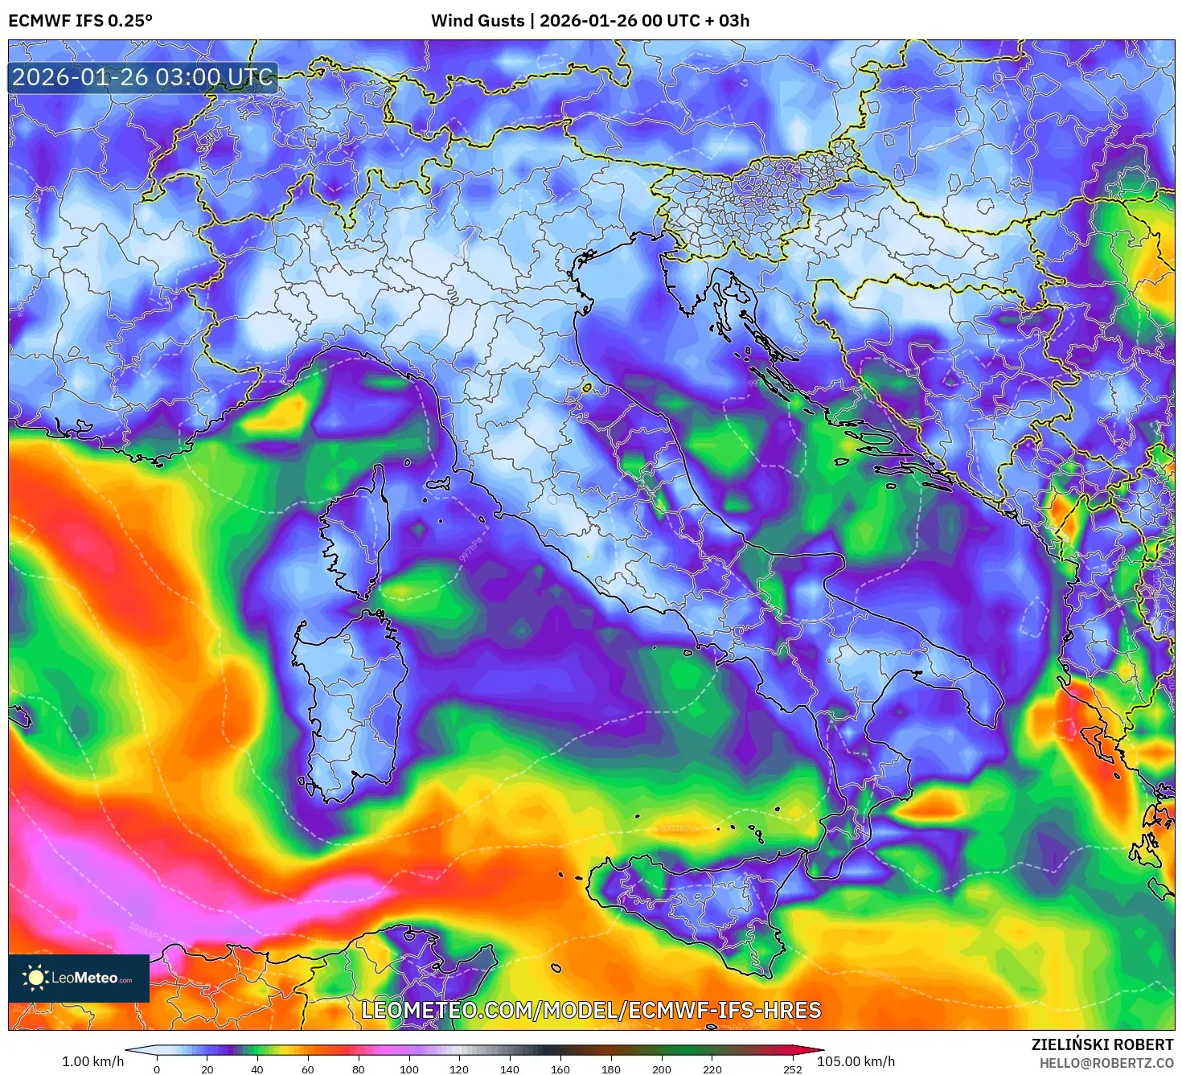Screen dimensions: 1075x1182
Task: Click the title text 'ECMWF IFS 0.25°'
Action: (80, 21)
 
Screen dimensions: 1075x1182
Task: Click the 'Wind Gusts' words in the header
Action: (477, 21)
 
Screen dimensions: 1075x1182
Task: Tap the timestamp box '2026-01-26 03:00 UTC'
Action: (143, 78)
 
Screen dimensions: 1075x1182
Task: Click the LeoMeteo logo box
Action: (79, 978)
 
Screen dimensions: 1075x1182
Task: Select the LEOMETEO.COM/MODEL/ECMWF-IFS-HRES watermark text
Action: (591, 1010)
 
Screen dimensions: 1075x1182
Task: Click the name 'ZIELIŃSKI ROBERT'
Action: (1102, 1044)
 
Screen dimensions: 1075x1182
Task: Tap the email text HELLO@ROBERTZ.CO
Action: (1106, 1063)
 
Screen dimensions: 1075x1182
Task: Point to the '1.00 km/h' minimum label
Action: (92, 1061)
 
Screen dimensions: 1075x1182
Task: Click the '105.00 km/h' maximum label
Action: (856, 1061)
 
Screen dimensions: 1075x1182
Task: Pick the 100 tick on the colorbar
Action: (408, 1069)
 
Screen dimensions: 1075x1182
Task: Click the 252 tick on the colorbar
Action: (792, 1069)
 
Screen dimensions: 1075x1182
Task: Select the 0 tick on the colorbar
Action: (157, 1069)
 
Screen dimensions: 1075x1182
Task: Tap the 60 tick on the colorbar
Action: (308, 1069)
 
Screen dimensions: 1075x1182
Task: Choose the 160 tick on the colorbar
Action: (560, 1069)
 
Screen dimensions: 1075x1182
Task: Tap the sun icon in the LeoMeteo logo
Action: (35, 978)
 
